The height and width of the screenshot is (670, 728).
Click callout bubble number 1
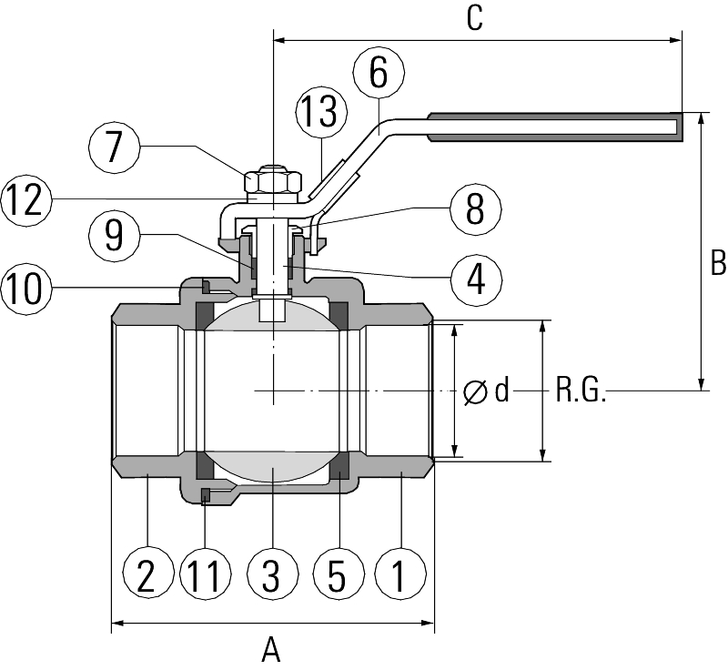pyautogui.click(x=398, y=574)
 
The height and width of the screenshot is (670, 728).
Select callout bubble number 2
pyautogui.click(x=147, y=574)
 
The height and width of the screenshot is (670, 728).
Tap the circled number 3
pyautogui.click(x=272, y=574)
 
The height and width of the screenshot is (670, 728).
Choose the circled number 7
pyautogui.click(x=114, y=147)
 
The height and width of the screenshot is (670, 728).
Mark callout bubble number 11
pyautogui.click(x=207, y=574)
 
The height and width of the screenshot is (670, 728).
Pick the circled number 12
pyautogui.click(x=25, y=199)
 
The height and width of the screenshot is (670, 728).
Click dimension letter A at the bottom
pyautogui.click(x=271, y=650)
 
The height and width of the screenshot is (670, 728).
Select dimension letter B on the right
pyautogui.click(x=717, y=263)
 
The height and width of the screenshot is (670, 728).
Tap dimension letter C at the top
pyautogui.click(x=474, y=19)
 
